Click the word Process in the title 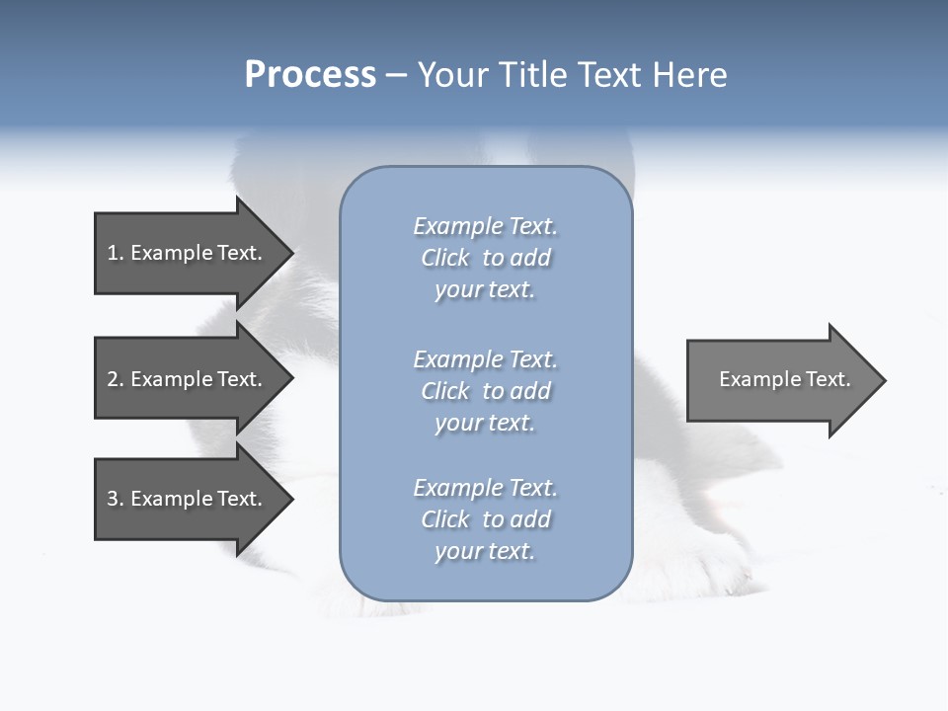pyautogui.click(x=310, y=75)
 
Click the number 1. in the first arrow pyautogui.click(x=115, y=254)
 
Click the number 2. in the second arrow pyautogui.click(x=115, y=380)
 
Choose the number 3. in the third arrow pyautogui.click(x=115, y=500)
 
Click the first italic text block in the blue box pyautogui.click(x=485, y=258)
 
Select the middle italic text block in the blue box pyautogui.click(x=485, y=391)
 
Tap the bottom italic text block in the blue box pyautogui.click(x=485, y=519)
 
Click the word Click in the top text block pyautogui.click(x=445, y=258)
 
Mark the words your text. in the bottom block pyautogui.click(x=485, y=551)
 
